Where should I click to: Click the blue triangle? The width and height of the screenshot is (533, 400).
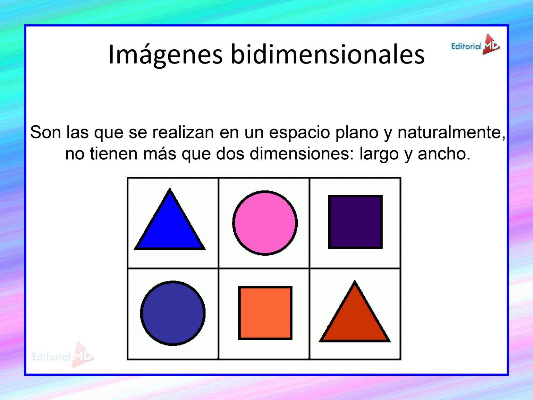pos(170,226)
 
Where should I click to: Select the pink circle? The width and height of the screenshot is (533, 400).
pos(265,223)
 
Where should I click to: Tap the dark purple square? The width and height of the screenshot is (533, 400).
pos(355,222)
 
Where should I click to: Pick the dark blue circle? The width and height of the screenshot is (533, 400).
pos(173,313)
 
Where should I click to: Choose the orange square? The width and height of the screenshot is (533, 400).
pos(265,313)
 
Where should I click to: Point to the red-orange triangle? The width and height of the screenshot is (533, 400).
pos(355,318)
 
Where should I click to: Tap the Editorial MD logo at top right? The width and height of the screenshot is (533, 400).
pos(475,45)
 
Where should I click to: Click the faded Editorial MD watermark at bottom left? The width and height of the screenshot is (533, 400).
pos(63,355)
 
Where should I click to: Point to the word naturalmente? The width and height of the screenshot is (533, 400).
pos(451,133)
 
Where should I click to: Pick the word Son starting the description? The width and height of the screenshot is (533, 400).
pos(45,133)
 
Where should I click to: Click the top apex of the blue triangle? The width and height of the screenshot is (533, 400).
pos(170,189)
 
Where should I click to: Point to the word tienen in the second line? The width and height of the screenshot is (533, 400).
pos(113,154)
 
